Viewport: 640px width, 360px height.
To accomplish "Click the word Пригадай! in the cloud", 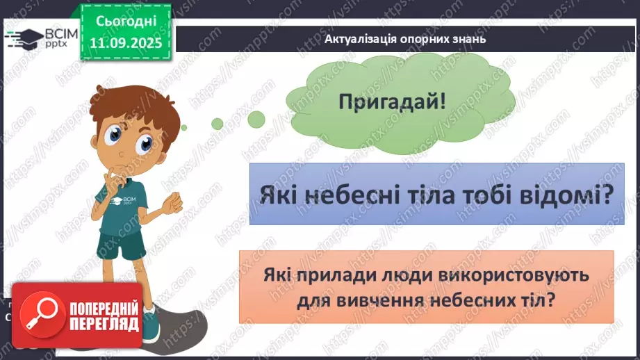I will [x=393, y=101].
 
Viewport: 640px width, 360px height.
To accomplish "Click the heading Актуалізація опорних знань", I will [x=404, y=39].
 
